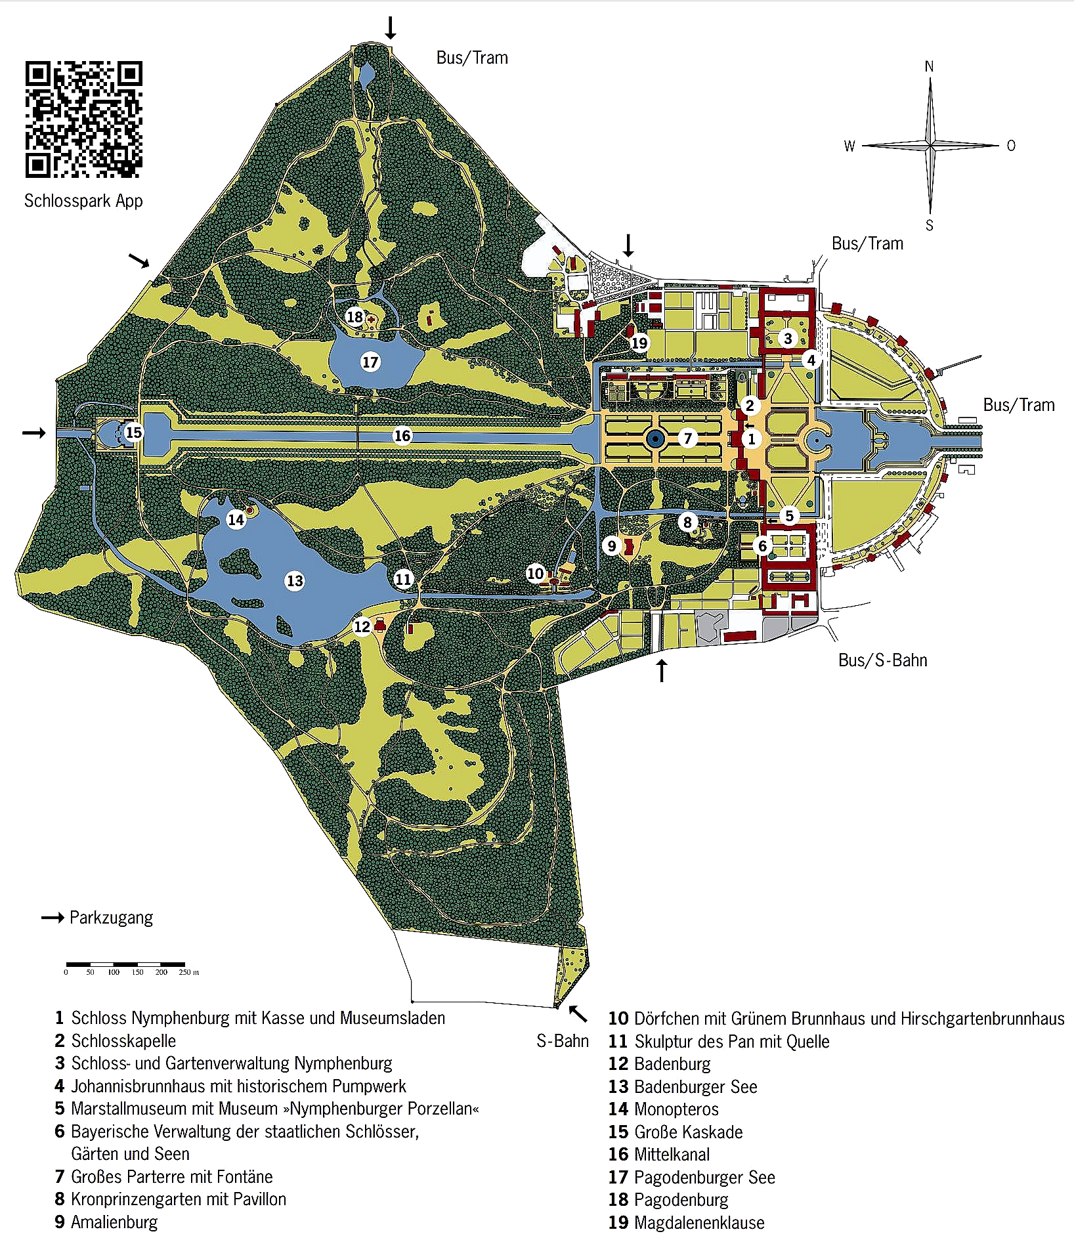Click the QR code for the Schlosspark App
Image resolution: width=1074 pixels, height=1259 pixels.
click(83, 119)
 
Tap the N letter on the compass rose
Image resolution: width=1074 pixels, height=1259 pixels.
click(929, 66)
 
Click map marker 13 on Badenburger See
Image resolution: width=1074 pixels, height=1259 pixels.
click(295, 580)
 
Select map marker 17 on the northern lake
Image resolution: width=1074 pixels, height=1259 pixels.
click(370, 362)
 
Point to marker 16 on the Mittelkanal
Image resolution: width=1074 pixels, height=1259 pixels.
click(402, 435)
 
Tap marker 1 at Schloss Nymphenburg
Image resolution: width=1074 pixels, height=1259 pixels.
click(752, 439)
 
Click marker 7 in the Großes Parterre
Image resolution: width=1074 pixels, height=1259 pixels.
click(687, 438)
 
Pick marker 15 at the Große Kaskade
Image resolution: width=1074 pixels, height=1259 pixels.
click(133, 432)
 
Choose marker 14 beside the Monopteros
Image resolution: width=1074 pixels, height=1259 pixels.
click(235, 520)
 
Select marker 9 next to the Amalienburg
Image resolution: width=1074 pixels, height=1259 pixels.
click(612, 545)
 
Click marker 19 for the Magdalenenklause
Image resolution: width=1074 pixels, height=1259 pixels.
click(639, 342)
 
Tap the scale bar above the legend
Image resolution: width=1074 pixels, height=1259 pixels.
click(125, 964)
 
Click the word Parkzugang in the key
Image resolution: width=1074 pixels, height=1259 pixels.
click(111, 917)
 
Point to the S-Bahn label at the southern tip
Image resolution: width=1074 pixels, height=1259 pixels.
click(563, 1041)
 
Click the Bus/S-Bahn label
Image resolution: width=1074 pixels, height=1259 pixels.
click(882, 660)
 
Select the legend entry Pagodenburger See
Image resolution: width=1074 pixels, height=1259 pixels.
click(704, 1177)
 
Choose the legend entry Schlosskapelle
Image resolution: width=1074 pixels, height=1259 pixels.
click(123, 1040)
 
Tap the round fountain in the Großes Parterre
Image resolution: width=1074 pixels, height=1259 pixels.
click(655, 439)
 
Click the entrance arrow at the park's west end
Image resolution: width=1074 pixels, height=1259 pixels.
click(34, 433)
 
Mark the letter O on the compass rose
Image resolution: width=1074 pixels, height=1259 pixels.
click(1011, 146)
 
